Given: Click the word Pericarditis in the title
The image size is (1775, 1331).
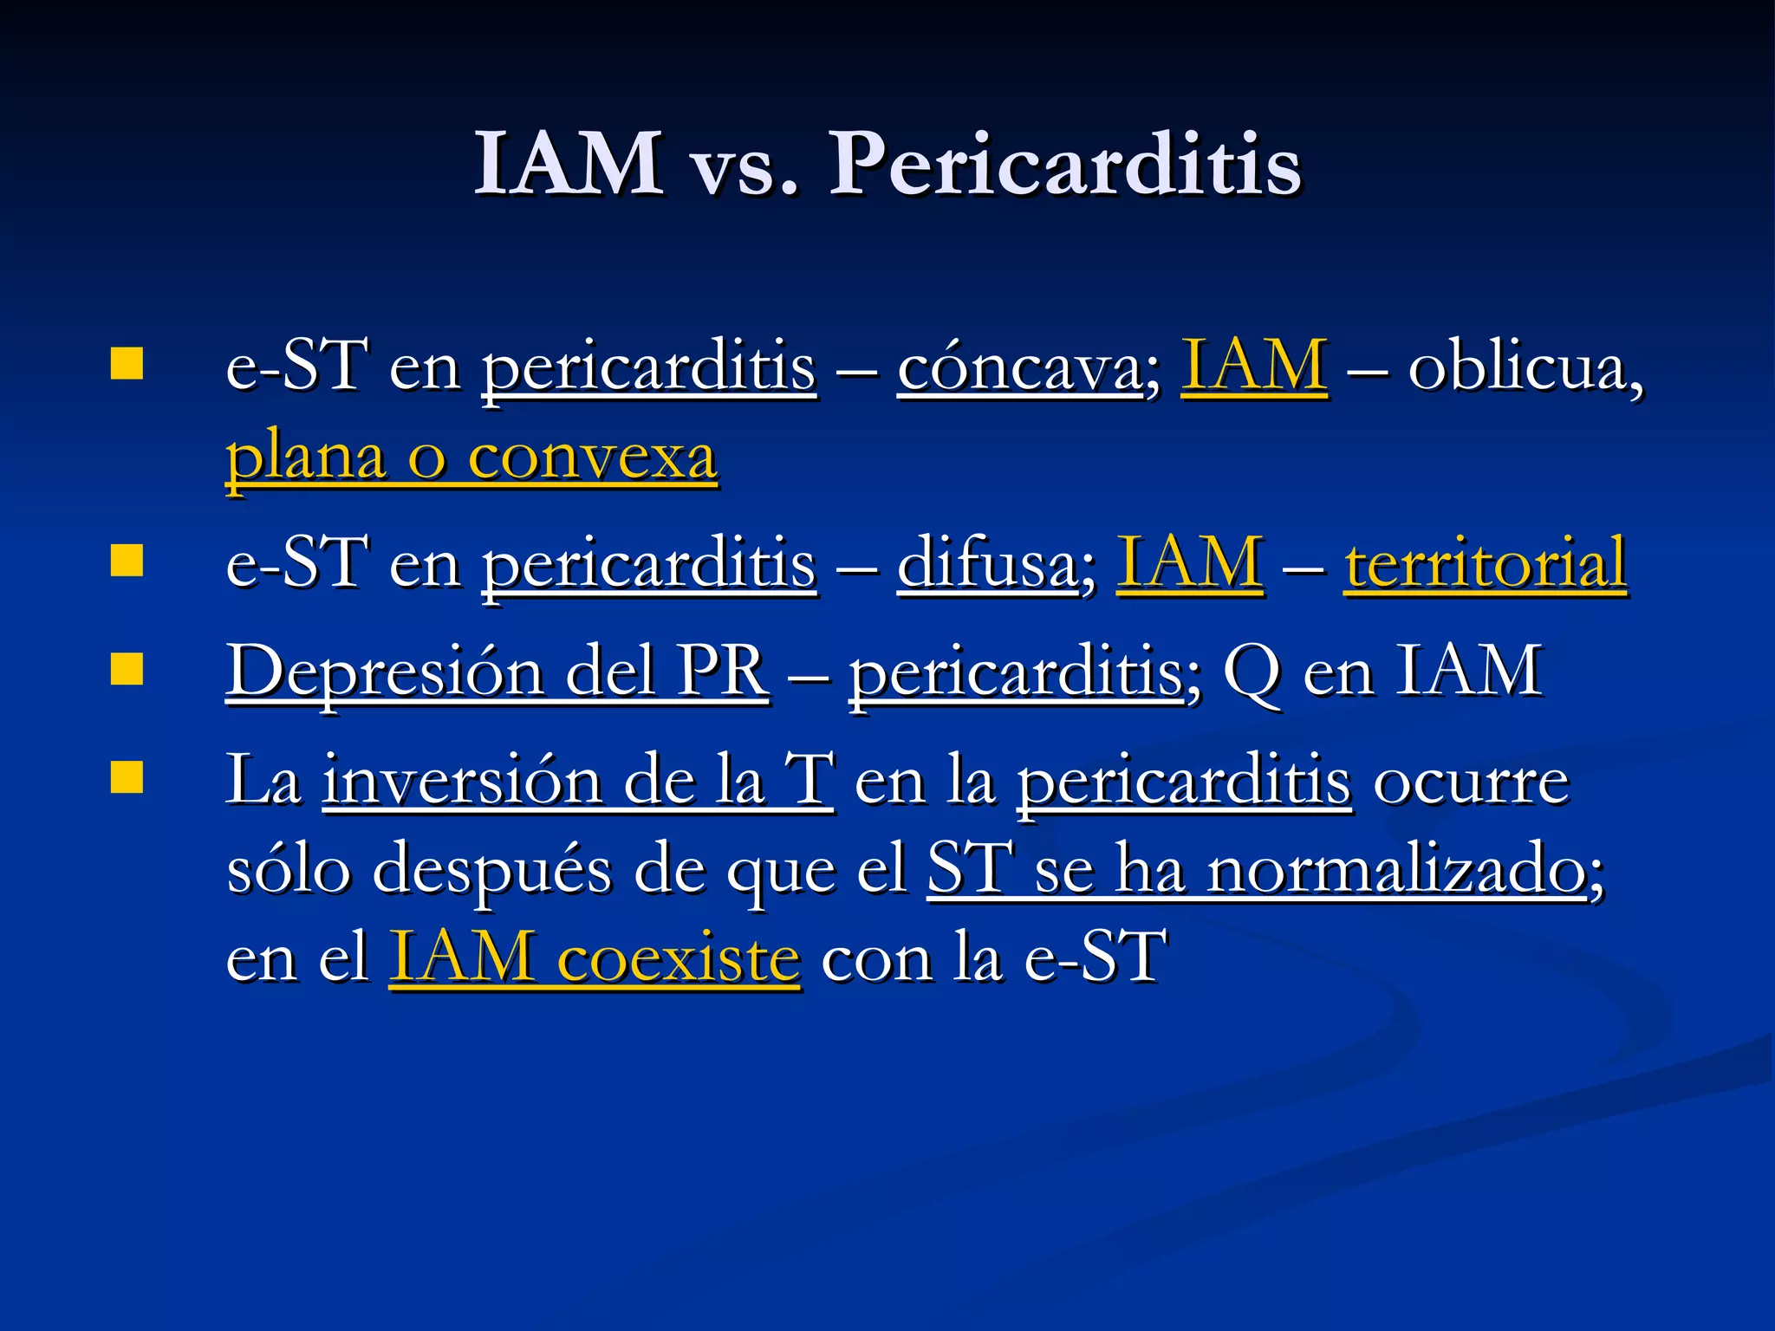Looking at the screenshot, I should (1065, 165).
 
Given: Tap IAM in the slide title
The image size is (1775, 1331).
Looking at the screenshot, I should (569, 165).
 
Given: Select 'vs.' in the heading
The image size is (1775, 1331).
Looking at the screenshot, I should (744, 169).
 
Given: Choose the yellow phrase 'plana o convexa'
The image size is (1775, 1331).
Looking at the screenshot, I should (471, 458).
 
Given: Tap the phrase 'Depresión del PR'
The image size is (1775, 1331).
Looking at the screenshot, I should (497, 672).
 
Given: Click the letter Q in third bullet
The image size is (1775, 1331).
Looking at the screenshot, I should (1251, 672).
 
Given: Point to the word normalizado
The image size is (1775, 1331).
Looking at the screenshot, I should (1396, 870).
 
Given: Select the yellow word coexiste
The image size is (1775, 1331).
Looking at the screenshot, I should (678, 958).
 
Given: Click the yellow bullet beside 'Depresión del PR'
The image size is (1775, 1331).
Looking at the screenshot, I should (127, 669).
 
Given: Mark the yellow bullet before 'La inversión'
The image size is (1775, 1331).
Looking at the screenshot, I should (127, 777).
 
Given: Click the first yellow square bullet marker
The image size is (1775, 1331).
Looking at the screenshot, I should (127, 364).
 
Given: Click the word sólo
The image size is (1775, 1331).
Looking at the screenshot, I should (288, 870).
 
